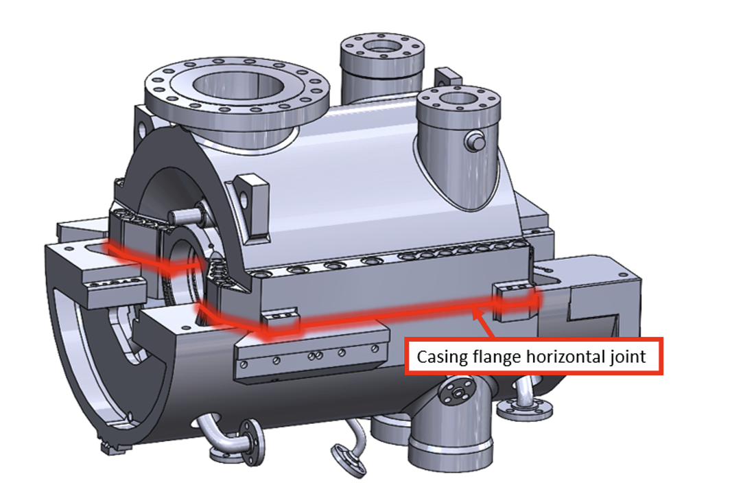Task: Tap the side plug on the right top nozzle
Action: [473, 141]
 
